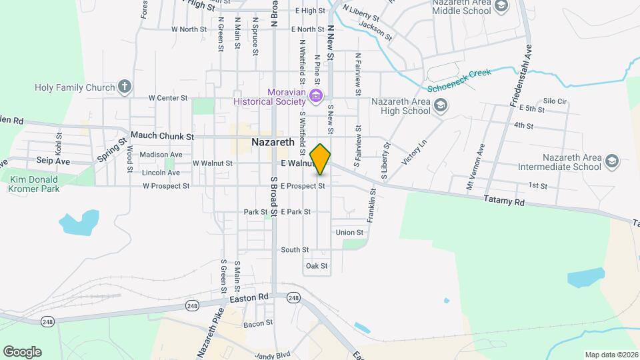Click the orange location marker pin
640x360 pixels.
pyautogui.click(x=321, y=159)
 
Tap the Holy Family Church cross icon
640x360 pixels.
pyautogui.click(x=124, y=87)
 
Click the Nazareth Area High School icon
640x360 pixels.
pyautogui.click(x=441, y=105)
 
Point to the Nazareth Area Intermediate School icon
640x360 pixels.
pyautogui.click(x=612, y=161)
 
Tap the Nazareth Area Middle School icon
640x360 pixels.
pyautogui.click(x=502, y=7)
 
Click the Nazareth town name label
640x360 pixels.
pyautogui.click(x=273, y=142)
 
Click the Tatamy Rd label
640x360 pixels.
pyautogui.click(x=505, y=200)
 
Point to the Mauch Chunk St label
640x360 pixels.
pyautogui.click(x=161, y=135)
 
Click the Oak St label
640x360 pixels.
pyautogui.click(x=317, y=266)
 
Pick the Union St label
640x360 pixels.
pyautogui.click(x=349, y=232)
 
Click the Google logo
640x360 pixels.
pyautogui.click(x=21, y=352)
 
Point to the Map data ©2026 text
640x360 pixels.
pyautogui.click(x=611, y=355)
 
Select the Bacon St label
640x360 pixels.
pyautogui.click(x=258, y=323)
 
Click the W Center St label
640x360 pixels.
pyautogui.click(x=169, y=98)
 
